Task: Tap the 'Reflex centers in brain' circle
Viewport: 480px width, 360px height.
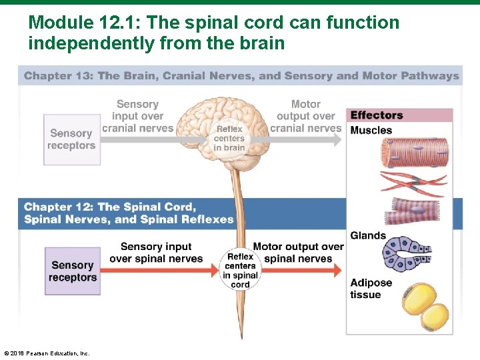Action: [x=229, y=139]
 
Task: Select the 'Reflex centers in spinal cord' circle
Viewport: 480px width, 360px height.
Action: [x=241, y=270]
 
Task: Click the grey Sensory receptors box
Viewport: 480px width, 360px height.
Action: [x=72, y=139]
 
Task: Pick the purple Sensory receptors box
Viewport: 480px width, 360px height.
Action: [x=73, y=271]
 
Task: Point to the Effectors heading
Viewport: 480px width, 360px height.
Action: [x=377, y=115]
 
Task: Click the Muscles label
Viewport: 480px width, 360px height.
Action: [x=371, y=130]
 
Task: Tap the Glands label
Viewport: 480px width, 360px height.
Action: [x=368, y=235]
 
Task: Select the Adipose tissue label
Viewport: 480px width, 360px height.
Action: [x=371, y=289]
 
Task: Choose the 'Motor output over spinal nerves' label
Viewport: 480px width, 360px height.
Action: [x=298, y=253]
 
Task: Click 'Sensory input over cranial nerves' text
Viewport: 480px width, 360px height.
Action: [x=137, y=116]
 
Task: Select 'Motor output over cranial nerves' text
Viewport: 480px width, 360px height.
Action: [x=306, y=116]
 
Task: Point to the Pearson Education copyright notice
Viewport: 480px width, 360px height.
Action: [x=46, y=353]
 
